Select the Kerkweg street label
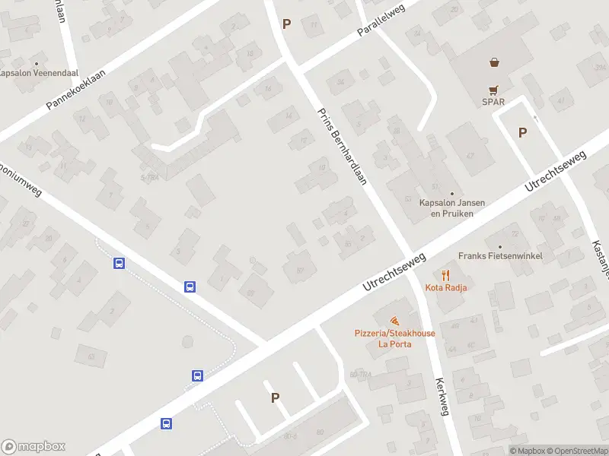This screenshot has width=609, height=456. coord(441,396)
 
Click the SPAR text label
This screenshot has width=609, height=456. coord(493,102)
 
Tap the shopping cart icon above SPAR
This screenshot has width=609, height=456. coord(494,88)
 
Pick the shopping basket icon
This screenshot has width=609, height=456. coord(494,63)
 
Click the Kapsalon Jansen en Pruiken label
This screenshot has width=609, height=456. coord(452,208)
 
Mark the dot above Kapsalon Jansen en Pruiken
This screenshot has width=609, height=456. coord(452,194)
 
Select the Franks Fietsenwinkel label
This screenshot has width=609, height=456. coord(500,256)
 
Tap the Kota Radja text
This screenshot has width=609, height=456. coord(447,287)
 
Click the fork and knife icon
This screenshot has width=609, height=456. coord(447,274)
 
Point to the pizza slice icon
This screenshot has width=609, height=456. coord(395,321)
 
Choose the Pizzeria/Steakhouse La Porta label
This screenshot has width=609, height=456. coord(395,338)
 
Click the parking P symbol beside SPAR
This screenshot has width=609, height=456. coord(522,132)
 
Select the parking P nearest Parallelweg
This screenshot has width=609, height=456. coord(286,24)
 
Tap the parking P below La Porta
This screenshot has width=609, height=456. coord(275,397)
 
